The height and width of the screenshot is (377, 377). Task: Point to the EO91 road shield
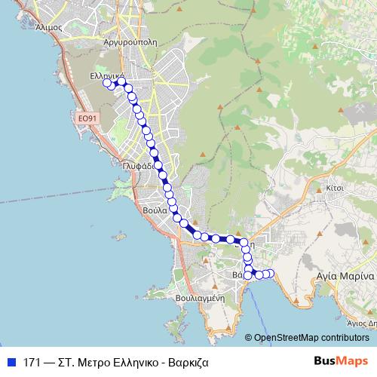[88, 118]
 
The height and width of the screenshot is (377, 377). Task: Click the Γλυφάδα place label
[139, 166]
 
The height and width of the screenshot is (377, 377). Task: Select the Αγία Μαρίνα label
[345, 276]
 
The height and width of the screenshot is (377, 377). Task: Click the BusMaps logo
[342, 361]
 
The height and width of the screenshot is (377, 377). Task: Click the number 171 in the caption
[32, 362]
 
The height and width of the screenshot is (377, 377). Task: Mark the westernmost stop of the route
[107, 83]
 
